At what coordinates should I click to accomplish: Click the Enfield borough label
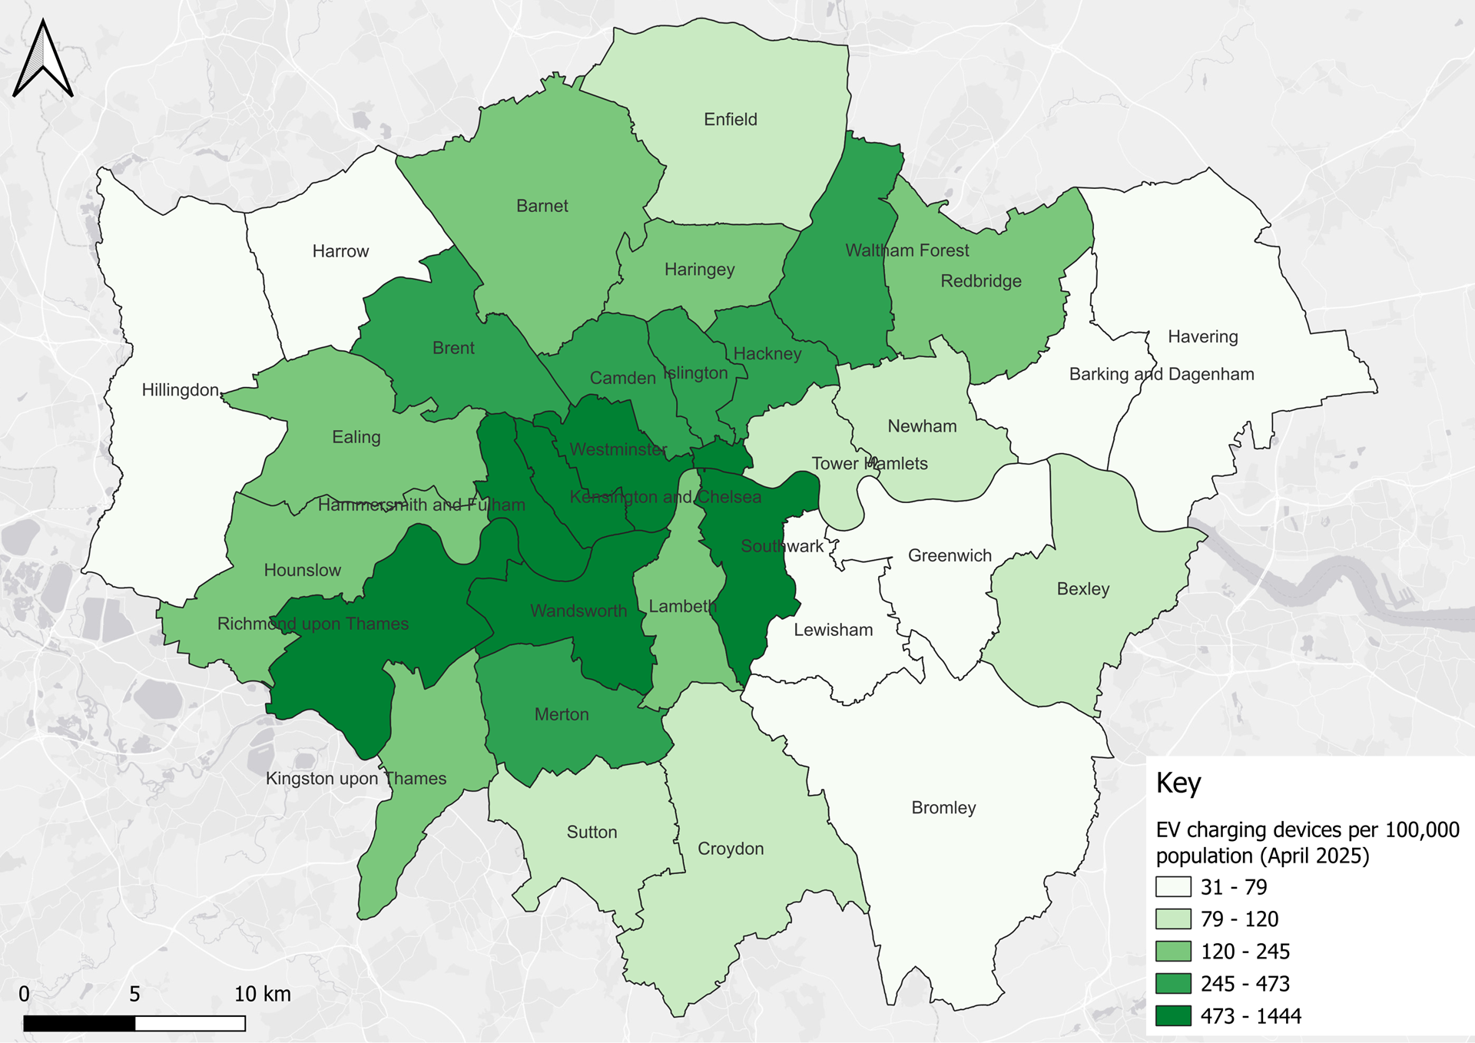(x=730, y=119)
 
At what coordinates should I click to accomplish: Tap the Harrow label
(x=340, y=251)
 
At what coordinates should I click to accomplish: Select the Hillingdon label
(x=181, y=389)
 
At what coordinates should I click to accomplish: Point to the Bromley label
(x=943, y=807)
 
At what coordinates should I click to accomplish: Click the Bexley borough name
(x=1082, y=588)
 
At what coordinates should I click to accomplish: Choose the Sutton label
(x=592, y=832)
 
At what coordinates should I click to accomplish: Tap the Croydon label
(x=730, y=848)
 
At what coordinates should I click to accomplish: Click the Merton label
(x=562, y=714)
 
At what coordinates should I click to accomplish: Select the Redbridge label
(x=981, y=280)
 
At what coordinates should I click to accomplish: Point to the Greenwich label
(x=950, y=555)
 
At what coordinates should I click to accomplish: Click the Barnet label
(x=542, y=206)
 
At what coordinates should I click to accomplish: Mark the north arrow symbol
(x=43, y=60)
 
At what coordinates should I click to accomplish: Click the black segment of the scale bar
(x=79, y=1023)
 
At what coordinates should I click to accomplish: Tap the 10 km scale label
(x=262, y=994)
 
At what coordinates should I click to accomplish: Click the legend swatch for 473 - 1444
(x=1173, y=1015)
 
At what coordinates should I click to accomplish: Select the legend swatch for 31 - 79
(x=1173, y=886)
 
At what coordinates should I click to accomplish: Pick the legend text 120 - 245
(x=1245, y=951)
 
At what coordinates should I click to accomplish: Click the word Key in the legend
(x=1178, y=783)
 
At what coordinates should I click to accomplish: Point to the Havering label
(x=1202, y=336)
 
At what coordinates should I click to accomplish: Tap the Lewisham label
(x=833, y=630)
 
